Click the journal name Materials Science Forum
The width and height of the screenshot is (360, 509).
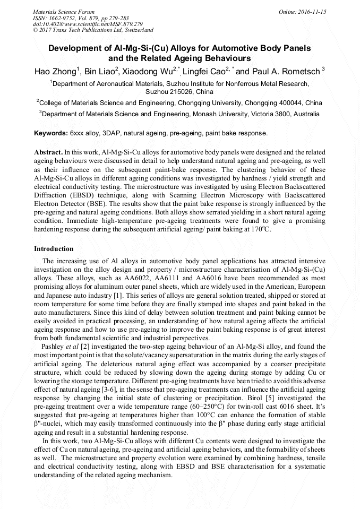click(64, 11)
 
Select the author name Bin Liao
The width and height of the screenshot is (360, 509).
click(100, 71)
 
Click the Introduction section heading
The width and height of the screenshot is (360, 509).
click(54, 249)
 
